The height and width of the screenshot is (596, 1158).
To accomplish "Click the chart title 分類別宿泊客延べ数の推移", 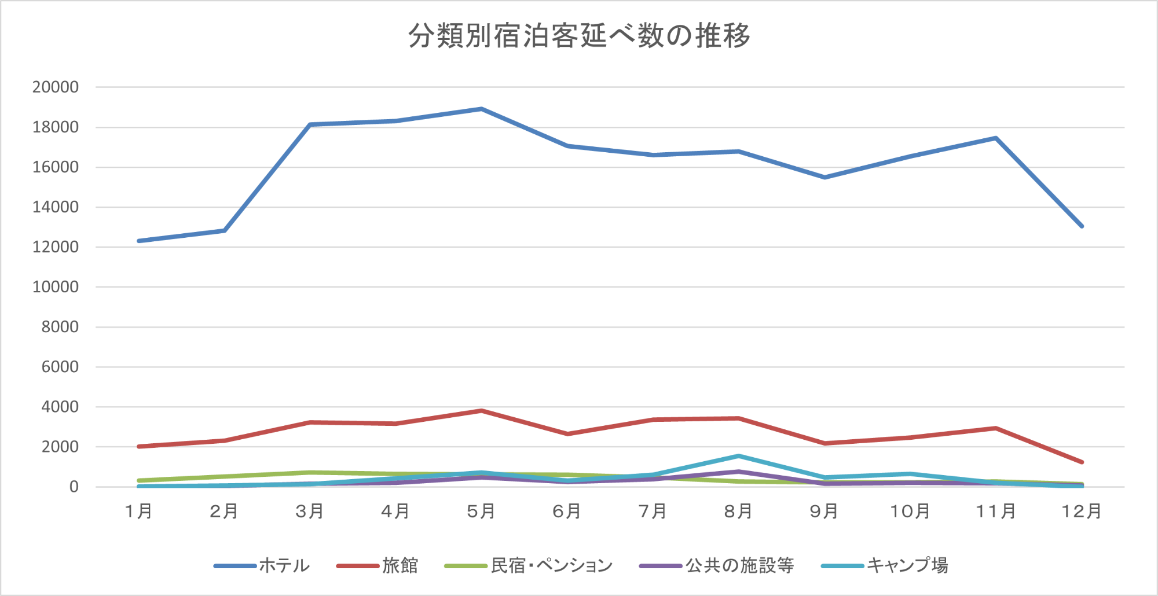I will pyautogui.click(x=579, y=36).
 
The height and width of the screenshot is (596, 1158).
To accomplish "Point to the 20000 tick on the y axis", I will pyautogui.click(x=56, y=87).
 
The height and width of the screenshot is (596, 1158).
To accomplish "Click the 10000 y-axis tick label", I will pyautogui.click(x=56, y=287).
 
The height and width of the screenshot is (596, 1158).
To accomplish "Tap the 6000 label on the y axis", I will pyautogui.click(x=60, y=367).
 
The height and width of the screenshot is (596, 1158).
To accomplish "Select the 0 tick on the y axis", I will pyautogui.click(x=74, y=487).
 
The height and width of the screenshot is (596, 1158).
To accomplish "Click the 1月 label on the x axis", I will pyautogui.click(x=139, y=512).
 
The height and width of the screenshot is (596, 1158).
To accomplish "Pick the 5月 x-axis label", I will pyautogui.click(x=481, y=512).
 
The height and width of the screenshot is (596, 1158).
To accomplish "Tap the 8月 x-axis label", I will pyautogui.click(x=738, y=512).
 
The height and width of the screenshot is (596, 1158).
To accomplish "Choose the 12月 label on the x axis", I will pyautogui.click(x=1082, y=512).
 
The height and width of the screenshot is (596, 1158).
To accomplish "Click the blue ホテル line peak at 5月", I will pyautogui.click(x=481, y=109).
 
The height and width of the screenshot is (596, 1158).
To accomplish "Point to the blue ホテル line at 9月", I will pyautogui.click(x=824, y=177).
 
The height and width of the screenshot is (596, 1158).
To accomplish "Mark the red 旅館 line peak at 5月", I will pyautogui.click(x=481, y=411).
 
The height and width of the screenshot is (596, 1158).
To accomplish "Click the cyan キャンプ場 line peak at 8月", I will pyautogui.click(x=739, y=457).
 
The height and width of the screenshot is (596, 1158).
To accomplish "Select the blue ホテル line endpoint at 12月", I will pyautogui.click(x=1082, y=226).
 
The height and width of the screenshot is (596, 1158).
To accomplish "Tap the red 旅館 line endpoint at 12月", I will pyautogui.click(x=1082, y=462).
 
